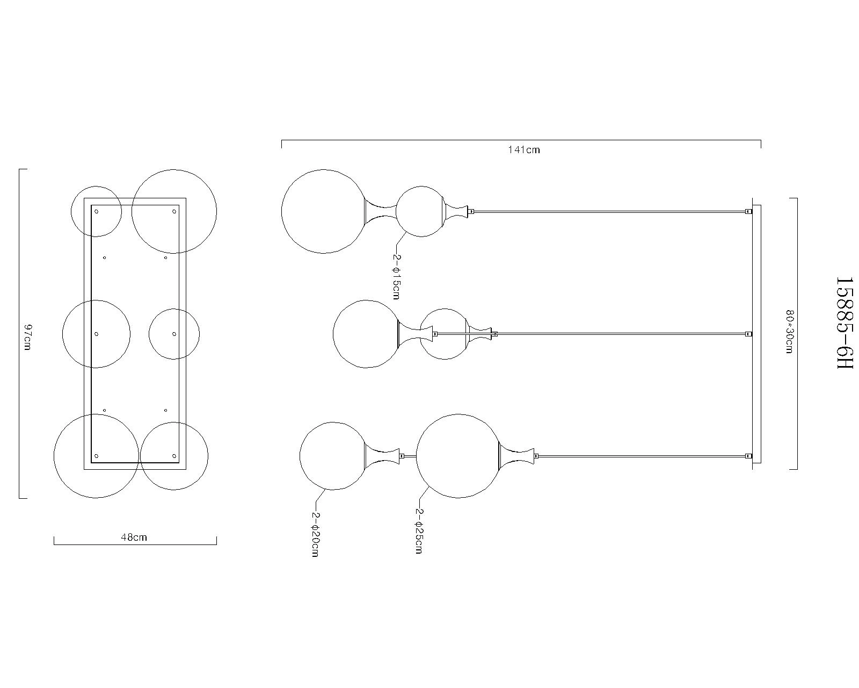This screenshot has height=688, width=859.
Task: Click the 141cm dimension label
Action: coord(524,150)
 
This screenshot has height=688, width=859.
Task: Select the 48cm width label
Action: coord(134,537)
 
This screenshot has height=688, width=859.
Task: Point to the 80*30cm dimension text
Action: coord(789,331)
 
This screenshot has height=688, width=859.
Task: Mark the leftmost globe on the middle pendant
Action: coord(367,334)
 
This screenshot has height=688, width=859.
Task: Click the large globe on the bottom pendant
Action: coord(458,456)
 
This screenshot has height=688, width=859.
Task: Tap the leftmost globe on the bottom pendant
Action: coord(333,456)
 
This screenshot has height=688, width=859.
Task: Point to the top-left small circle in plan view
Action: coord(97,211)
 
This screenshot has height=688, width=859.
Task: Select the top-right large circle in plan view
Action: coord(174,211)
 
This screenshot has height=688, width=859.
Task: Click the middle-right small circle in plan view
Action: coord(174,334)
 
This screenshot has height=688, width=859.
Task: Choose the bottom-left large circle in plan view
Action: coord(97,456)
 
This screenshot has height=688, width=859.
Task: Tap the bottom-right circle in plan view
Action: coord(174,456)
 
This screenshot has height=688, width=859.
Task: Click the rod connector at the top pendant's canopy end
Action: coord(748,212)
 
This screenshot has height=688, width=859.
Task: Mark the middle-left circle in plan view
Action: coord(97,334)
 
